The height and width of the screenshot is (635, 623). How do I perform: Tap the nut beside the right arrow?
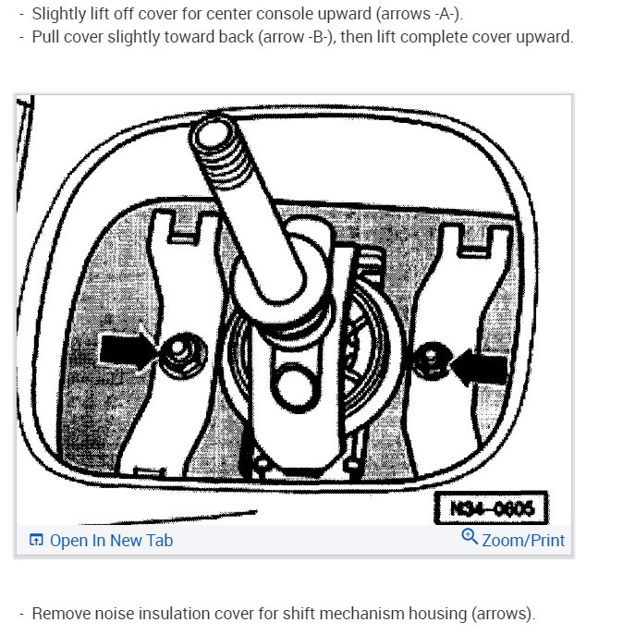click(x=431, y=363)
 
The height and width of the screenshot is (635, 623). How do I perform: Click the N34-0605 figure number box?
click(x=490, y=508)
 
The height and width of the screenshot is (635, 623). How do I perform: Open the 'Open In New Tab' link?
click(x=111, y=541)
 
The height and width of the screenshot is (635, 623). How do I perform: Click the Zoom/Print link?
click(x=523, y=541)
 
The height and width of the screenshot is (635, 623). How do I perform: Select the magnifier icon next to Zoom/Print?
click(x=470, y=539)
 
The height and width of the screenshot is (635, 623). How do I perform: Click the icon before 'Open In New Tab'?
click(x=36, y=541)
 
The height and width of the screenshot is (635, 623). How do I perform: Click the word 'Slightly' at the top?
click(x=60, y=13)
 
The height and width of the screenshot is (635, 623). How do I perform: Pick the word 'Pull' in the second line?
click(x=46, y=38)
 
